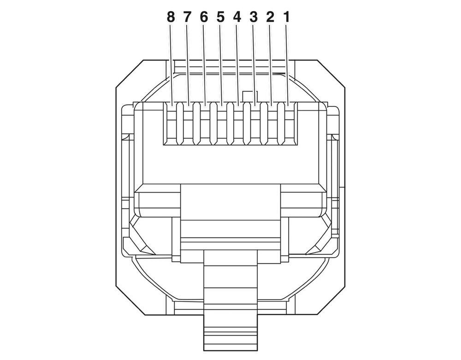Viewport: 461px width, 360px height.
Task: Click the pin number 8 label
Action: (171, 18)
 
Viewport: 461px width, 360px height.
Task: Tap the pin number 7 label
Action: (187, 18)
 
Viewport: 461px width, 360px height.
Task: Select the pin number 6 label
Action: (204, 18)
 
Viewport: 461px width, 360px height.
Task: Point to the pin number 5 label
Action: (220, 18)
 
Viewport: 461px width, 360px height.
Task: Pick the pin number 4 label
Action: (237, 18)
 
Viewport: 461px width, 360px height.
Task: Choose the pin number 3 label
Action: (254, 18)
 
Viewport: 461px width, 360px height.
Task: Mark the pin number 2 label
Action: (270, 18)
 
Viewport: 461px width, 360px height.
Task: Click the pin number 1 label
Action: (287, 18)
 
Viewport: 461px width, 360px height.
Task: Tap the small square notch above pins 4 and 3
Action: (249, 96)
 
